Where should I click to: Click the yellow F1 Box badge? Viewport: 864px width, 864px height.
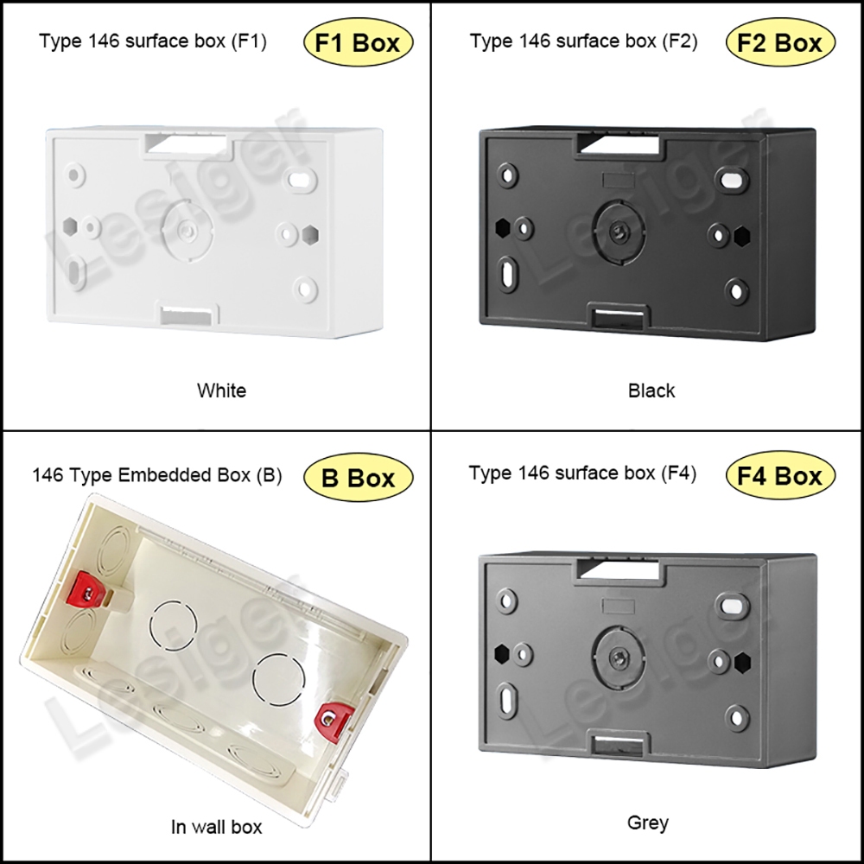click(x=359, y=42)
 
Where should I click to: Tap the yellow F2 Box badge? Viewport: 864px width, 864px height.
click(x=780, y=42)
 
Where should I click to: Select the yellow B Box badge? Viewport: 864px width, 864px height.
click(x=359, y=477)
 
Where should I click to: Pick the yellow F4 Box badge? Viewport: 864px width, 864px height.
click(x=780, y=475)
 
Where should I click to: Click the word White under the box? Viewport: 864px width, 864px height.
click(x=221, y=391)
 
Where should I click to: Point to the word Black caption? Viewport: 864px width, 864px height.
click(x=651, y=391)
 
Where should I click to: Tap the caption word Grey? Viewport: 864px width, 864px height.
click(x=648, y=823)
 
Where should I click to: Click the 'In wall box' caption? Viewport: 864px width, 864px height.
click(x=217, y=827)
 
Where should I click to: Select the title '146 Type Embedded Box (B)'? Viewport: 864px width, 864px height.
click(x=157, y=475)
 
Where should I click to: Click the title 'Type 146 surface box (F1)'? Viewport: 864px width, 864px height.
click(x=153, y=41)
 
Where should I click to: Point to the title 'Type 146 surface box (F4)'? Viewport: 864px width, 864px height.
click(x=582, y=473)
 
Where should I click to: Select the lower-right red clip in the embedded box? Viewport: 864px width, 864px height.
click(x=334, y=720)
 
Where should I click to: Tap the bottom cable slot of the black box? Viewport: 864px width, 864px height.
click(x=619, y=318)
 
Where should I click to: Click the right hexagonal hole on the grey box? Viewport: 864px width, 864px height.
click(x=742, y=663)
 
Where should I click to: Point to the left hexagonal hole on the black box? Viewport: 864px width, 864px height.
click(x=503, y=227)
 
